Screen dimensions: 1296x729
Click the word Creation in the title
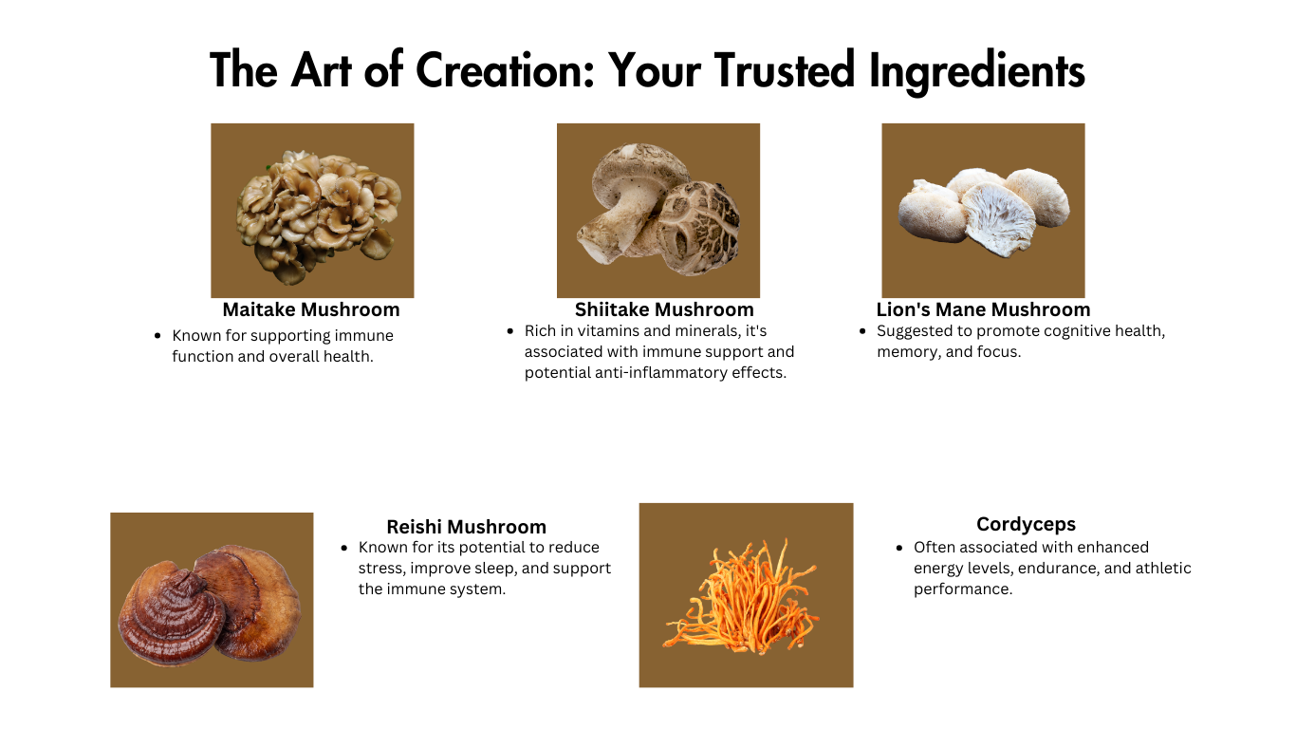505,70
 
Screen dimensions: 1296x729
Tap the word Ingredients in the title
976,72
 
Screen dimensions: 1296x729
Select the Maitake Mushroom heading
311,309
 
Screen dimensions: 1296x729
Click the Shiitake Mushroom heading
664,309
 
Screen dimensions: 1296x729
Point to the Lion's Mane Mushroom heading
983,309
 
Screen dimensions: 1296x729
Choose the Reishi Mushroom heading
467,527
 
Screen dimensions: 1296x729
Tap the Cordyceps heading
1026,525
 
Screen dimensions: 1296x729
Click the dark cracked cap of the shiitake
700,227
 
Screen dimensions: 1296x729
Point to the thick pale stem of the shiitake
613,229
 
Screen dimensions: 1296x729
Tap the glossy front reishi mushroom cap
172,614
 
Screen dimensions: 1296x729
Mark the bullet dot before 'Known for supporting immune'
157,336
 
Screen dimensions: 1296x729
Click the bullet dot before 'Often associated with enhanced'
899,548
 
